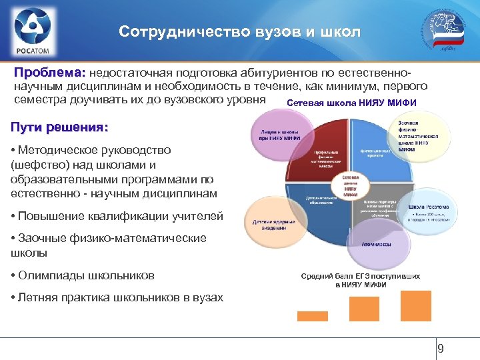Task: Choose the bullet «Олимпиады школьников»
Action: pyautogui.click(x=82, y=275)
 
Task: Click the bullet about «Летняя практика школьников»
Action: pyautogui.click(x=117, y=297)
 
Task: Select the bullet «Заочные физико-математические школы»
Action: pyautogui.click(x=108, y=245)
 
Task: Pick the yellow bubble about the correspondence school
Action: pyautogui.click(x=414, y=137)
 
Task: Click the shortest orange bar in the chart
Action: pyautogui.click(x=312, y=316)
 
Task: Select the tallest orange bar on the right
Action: pyautogui.click(x=416, y=306)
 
